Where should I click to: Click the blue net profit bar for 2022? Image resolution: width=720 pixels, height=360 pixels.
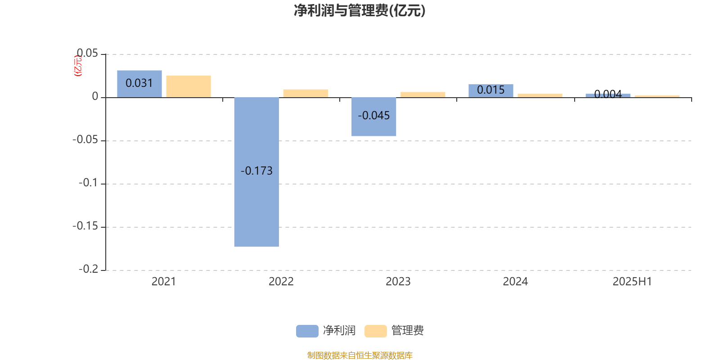(256, 172)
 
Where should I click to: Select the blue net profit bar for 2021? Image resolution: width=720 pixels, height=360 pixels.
(139, 84)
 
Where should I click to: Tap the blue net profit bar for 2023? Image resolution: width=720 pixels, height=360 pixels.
(373, 117)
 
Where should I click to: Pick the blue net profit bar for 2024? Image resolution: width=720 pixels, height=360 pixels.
(491, 90)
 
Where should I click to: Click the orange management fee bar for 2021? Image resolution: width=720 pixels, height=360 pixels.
(189, 86)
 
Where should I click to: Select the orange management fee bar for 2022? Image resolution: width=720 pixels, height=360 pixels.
(306, 93)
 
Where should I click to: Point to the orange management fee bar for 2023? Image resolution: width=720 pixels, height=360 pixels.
(423, 94)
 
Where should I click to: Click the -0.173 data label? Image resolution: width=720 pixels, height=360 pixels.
(256, 171)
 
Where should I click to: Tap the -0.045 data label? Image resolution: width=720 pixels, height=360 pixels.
(373, 115)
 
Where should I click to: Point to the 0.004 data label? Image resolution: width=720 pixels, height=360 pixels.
(608, 94)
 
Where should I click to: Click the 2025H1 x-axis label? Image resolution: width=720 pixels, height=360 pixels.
(632, 282)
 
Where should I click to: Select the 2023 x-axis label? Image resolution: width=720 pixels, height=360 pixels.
(398, 282)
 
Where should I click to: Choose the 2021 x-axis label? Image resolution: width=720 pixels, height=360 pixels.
(164, 282)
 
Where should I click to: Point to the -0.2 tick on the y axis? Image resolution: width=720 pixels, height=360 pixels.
(88, 269)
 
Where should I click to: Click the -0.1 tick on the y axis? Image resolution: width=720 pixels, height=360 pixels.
(88, 183)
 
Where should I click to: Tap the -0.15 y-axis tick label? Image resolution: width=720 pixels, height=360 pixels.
(85, 226)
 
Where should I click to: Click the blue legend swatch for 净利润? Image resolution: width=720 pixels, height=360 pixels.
(307, 331)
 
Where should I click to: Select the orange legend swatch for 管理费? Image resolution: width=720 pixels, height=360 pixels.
(375, 331)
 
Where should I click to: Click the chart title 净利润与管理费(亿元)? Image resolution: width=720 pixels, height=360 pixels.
(360, 10)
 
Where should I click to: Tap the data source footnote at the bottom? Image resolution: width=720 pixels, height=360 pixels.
(360, 355)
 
